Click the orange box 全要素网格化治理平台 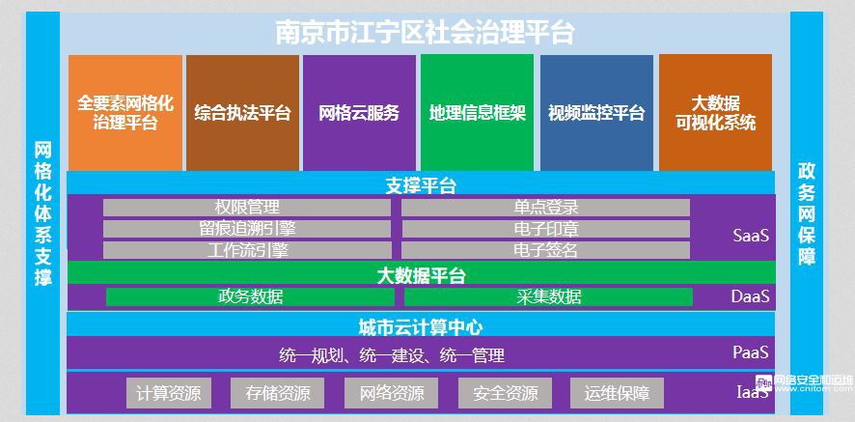click(124, 113)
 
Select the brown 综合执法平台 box click(242, 113)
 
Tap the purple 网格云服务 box click(359, 113)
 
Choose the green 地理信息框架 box click(477, 113)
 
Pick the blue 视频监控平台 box click(596, 113)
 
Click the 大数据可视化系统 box click(715, 113)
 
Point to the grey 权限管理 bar click(247, 208)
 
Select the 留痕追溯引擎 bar click(247, 229)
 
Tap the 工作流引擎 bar click(247, 250)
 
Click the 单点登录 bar click(546, 208)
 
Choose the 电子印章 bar click(546, 229)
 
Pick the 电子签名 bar click(546, 250)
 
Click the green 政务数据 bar click(250, 297)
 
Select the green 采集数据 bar click(548, 297)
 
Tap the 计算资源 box click(169, 393)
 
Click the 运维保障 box click(617, 393)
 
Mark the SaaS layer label click(751, 236)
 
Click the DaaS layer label click(751, 296)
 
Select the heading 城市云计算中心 click(421, 327)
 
